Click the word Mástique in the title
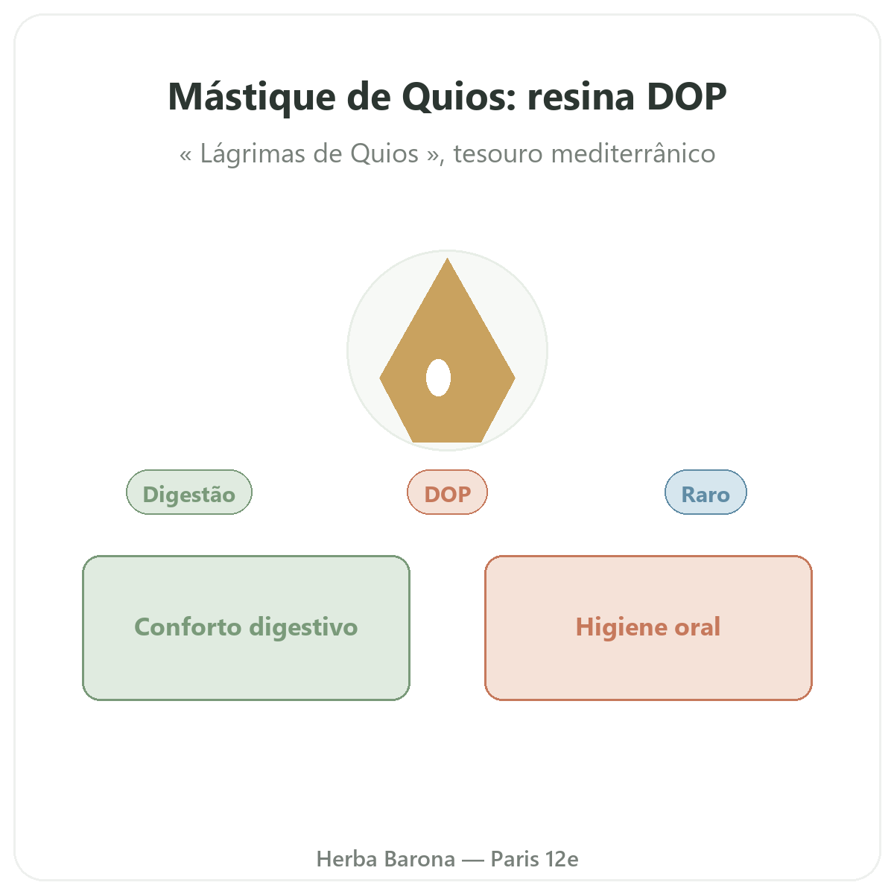[252, 98]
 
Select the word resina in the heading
[581, 97]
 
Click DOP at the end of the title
[686, 97]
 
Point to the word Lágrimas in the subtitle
[261, 154]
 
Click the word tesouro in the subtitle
[498, 153]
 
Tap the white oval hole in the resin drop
[438, 378]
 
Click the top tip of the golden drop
[447, 259]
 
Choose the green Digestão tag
[188, 492]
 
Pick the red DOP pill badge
[447, 492]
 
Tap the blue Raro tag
[706, 492]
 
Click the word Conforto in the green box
[188, 627]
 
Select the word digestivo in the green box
[303, 628]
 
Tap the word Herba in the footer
[346, 859]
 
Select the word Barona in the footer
[420, 859]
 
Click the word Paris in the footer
[515, 859]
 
